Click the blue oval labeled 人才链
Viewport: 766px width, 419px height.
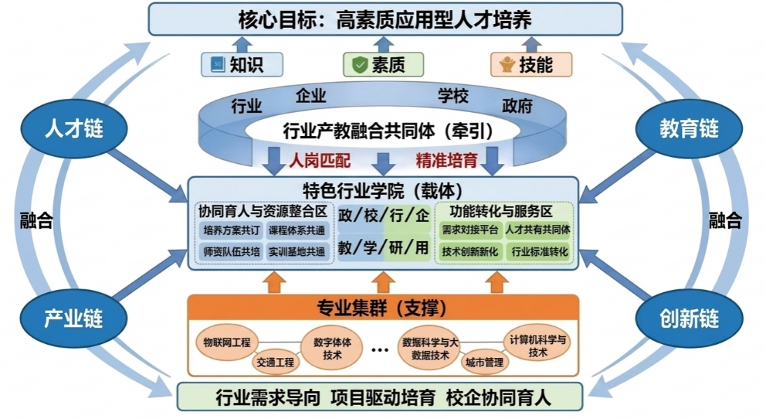coord(73,128)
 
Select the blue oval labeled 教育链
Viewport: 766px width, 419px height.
coord(689,128)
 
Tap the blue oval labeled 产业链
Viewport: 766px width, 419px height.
coord(73,319)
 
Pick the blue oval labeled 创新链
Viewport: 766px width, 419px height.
coord(689,319)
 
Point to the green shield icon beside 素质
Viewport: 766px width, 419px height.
coord(360,65)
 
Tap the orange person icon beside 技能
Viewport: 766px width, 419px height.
coord(506,65)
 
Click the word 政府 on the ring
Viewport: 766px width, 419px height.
coord(518,107)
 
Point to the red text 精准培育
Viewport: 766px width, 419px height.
coord(447,160)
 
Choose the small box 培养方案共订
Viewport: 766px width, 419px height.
coord(230,230)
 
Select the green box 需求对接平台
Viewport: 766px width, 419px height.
coord(470,230)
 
